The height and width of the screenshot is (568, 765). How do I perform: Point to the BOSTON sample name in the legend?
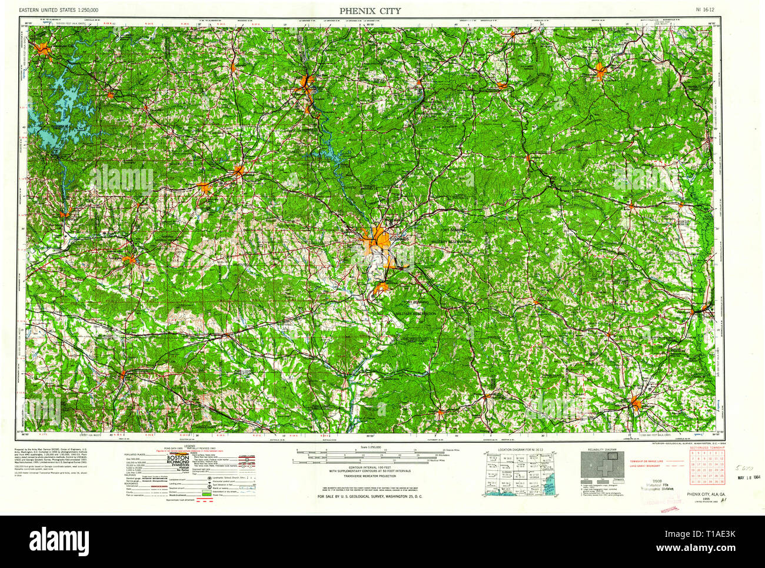click(x=178, y=457)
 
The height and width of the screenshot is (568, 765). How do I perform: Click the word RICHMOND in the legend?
click(x=178, y=463)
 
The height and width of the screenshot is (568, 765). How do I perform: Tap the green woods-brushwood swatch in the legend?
click(x=206, y=492)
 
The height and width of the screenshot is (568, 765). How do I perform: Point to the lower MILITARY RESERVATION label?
click(x=417, y=314)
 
